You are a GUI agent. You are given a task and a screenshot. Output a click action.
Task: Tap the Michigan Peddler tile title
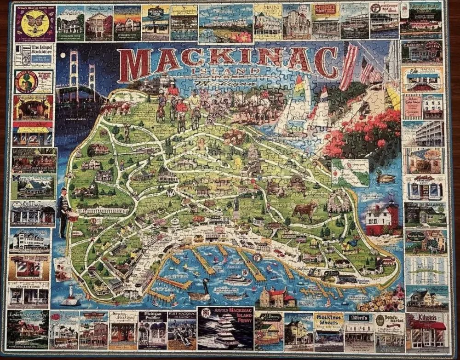tap(152, 319)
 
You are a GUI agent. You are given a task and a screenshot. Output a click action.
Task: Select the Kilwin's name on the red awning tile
tap(427, 318)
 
